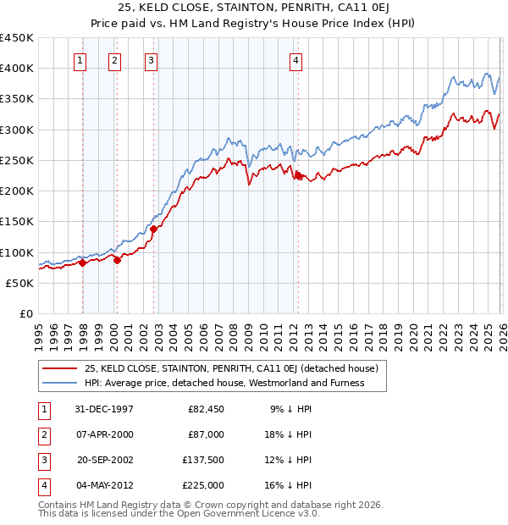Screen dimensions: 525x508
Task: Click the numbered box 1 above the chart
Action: tap(80, 60)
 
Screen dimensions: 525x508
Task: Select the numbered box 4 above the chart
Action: tap(295, 60)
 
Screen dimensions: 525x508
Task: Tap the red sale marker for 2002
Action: tap(153, 229)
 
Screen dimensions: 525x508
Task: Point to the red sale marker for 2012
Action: tap(298, 175)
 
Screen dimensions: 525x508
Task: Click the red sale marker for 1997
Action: tap(83, 262)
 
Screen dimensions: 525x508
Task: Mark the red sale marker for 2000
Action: tap(117, 260)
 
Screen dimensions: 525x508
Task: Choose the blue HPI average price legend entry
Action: tap(224, 383)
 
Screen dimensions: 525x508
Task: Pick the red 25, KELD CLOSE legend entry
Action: tap(224, 368)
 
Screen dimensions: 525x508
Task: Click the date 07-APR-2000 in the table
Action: tap(104, 434)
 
